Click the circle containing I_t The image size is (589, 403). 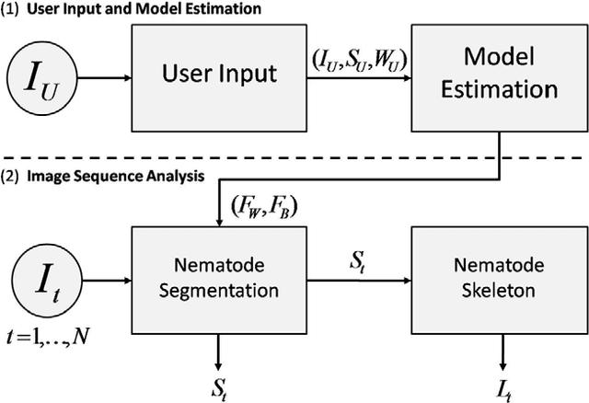43,277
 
